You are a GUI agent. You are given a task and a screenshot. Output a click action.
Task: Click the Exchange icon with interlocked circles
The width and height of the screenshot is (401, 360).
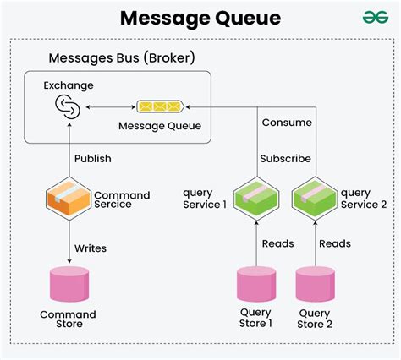pyautogui.click(x=66, y=106)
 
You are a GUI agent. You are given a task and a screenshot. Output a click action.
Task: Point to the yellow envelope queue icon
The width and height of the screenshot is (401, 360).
pyautogui.click(x=159, y=106)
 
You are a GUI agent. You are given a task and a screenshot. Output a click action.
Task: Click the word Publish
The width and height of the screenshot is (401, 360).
pyautogui.click(x=92, y=158)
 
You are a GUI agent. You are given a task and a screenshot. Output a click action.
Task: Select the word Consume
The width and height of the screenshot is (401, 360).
pyautogui.click(x=286, y=123)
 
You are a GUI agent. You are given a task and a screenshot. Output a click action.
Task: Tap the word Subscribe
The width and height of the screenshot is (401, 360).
pyautogui.click(x=286, y=158)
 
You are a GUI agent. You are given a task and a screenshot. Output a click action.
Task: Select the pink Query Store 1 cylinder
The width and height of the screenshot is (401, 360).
pyautogui.click(x=257, y=285)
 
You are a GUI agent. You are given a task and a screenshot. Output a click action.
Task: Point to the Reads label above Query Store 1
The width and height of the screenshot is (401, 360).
pyautogui.click(x=277, y=243)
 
